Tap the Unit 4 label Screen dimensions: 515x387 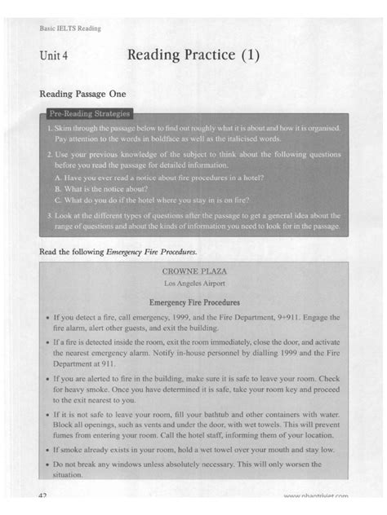pyautogui.click(x=52, y=57)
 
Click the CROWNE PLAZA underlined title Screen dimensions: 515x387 pyautogui.click(x=193, y=269)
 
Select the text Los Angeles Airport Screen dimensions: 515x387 pyautogui.click(x=193, y=283)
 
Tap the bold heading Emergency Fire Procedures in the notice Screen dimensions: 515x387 pyautogui.click(x=193, y=302)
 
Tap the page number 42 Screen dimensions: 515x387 pyautogui.click(x=45, y=495)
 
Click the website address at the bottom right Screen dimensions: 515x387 pyautogui.click(x=317, y=496)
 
